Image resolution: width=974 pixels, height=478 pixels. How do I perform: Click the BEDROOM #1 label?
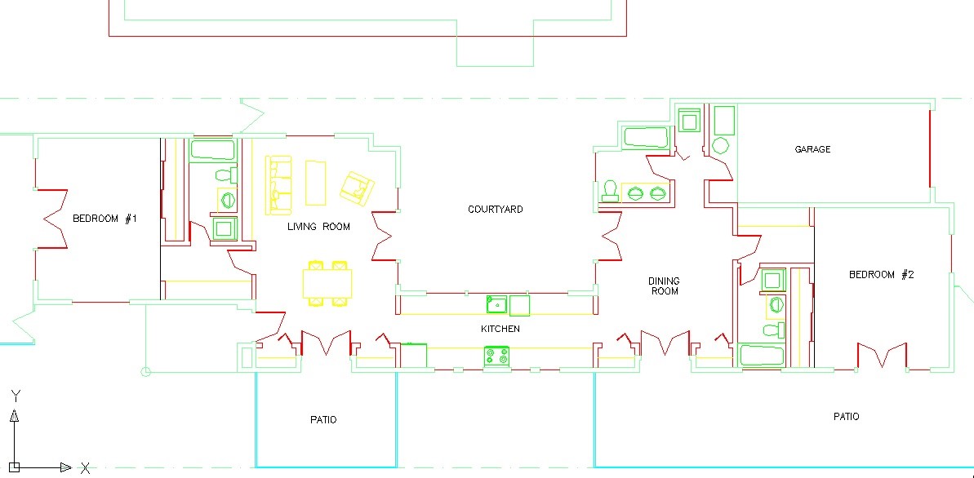(105, 219)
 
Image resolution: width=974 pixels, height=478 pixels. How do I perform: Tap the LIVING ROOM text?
(318, 227)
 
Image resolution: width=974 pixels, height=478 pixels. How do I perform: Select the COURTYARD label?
(495, 209)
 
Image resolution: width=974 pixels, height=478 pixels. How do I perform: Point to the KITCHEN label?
(500, 329)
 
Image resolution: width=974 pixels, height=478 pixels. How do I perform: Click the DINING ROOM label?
(664, 285)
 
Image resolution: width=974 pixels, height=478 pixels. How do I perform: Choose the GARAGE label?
(812, 149)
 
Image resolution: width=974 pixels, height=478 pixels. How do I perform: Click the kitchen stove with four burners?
(496, 356)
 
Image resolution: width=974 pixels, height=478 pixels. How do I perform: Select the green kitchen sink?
(496, 305)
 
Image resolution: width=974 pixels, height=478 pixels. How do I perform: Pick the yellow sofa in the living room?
(279, 184)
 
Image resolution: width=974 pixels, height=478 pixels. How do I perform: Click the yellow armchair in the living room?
(357, 188)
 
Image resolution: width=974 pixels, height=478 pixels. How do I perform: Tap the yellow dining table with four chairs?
(327, 283)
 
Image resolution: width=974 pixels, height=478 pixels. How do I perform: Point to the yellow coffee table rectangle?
(316, 184)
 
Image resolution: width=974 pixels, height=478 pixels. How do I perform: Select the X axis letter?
(86, 467)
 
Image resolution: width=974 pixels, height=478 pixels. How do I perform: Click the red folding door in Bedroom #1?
(52, 219)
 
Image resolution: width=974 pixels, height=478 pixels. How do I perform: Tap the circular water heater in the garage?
(720, 146)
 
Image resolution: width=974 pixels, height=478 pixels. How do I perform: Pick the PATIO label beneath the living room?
(323, 420)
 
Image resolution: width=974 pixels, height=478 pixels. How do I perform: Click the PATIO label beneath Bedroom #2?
(846, 417)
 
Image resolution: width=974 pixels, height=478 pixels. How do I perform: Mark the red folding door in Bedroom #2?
(882, 355)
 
